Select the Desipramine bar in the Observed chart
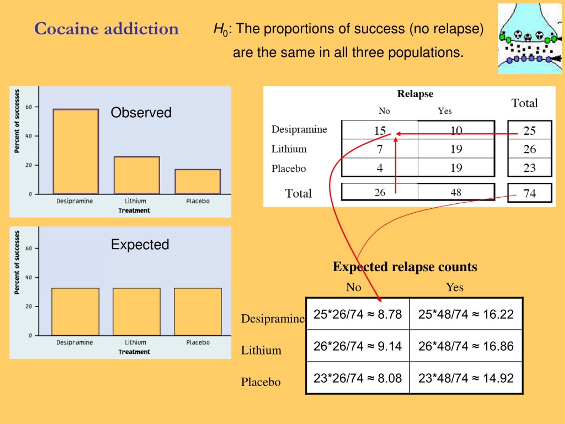(76, 151)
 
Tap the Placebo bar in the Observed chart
(198, 182)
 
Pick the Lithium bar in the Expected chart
(137, 312)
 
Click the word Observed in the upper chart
(141, 112)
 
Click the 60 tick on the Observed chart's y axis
(29, 107)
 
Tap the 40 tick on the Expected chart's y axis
(29, 277)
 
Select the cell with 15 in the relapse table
(380, 130)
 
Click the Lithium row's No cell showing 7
(380, 149)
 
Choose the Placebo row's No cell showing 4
(380, 167)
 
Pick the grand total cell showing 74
(529, 193)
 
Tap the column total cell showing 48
(456, 192)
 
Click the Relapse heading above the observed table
(415, 94)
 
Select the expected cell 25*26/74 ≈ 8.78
(358, 314)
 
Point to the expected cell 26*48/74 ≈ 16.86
(466, 346)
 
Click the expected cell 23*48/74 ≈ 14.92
(466, 378)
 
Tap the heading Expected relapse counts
(405, 267)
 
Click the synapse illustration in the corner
(529, 39)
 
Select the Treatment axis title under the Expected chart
(134, 352)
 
